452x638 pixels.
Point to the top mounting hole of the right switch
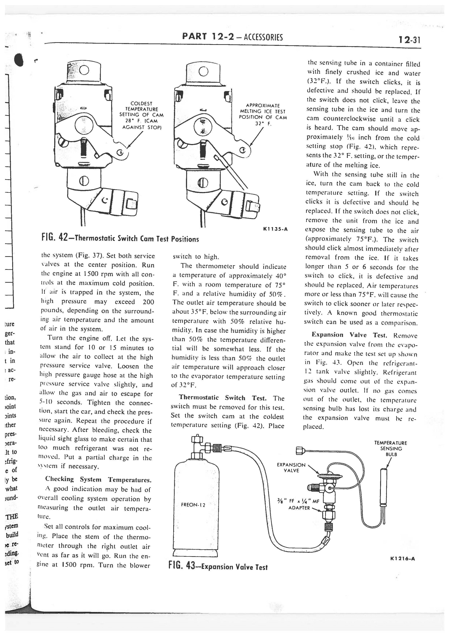click(x=203, y=71)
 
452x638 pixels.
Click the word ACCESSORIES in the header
click(x=263, y=37)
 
